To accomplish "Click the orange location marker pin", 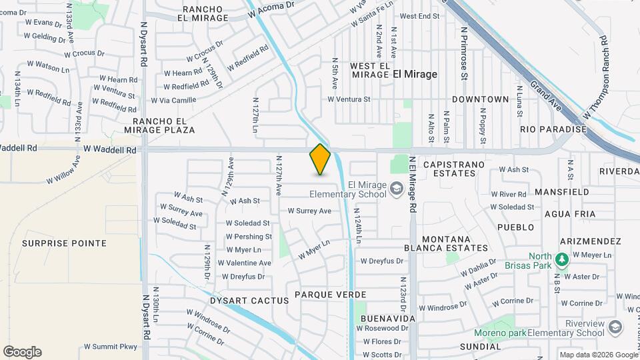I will click(320, 159).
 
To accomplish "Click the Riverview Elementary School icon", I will click(615, 327).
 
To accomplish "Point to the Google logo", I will click(22, 352).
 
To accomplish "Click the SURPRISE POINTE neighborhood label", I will click(64, 243).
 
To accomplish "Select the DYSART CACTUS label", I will click(240, 301).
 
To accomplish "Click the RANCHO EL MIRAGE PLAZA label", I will click(164, 125).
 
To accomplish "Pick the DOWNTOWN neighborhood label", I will click(480, 99).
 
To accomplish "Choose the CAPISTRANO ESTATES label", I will click(449, 168).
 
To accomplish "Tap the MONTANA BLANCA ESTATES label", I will click(447, 243).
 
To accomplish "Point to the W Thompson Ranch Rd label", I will click(597, 78).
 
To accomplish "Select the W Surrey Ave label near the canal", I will click(309, 211).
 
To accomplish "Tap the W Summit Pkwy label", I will click(110, 347).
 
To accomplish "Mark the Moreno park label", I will click(500, 333).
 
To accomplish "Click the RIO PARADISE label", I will click(553, 129).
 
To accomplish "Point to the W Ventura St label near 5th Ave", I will click(348, 99).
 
